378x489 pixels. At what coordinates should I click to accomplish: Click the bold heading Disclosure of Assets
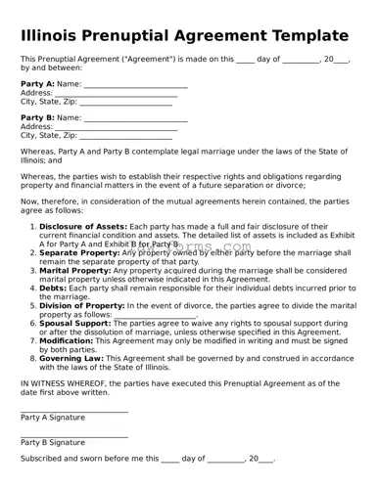click(x=83, y=225)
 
